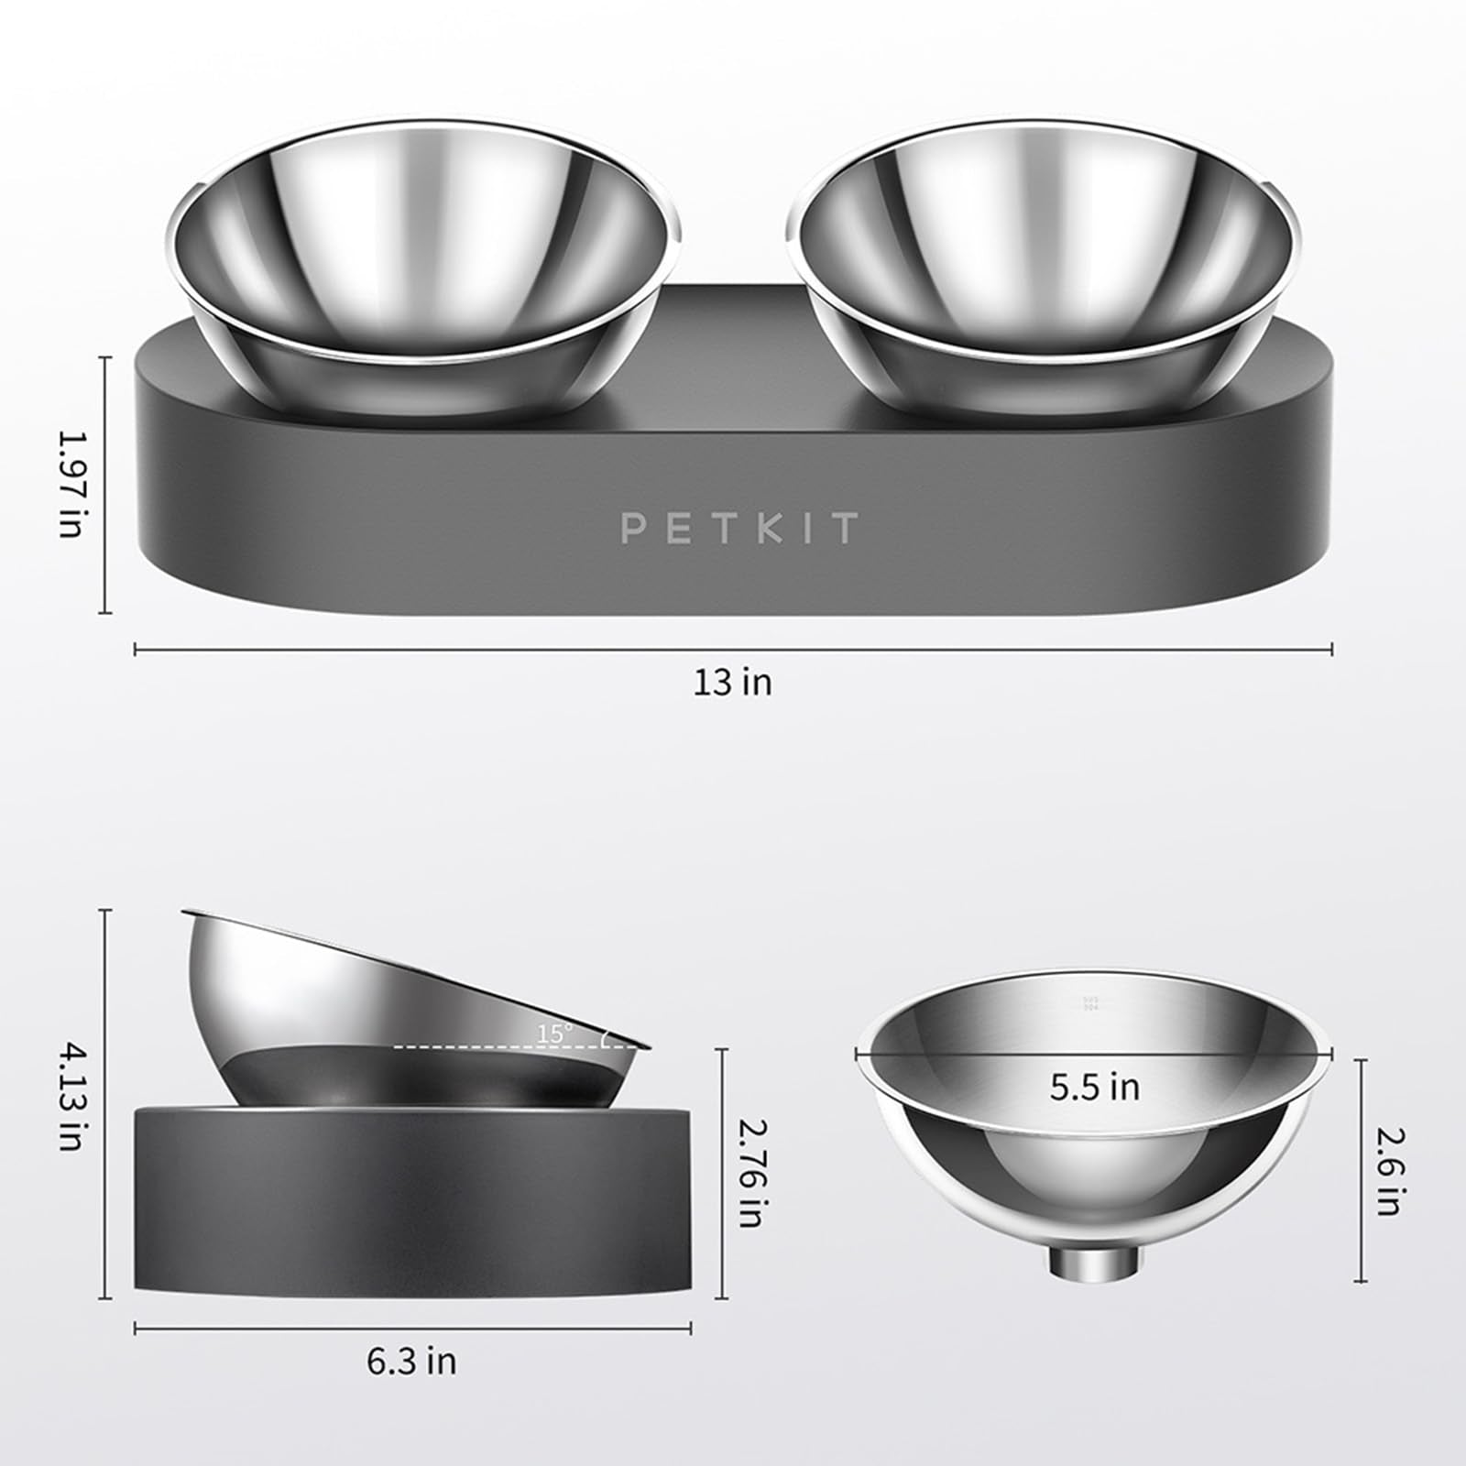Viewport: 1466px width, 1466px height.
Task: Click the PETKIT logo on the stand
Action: click(x=738, y=529)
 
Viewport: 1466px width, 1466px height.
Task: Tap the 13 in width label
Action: click(x=732, y=683)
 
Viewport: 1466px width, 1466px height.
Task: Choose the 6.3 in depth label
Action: click(x=411, y=1362)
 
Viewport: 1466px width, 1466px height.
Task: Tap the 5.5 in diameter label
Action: click(x=1095, y=1088)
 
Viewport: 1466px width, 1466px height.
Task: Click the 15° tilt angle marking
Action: click(x=555, y=1034)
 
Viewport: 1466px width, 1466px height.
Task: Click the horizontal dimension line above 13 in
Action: click(x=732, y=650)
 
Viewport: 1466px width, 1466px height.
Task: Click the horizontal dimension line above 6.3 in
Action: click(x=411, y=1328)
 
